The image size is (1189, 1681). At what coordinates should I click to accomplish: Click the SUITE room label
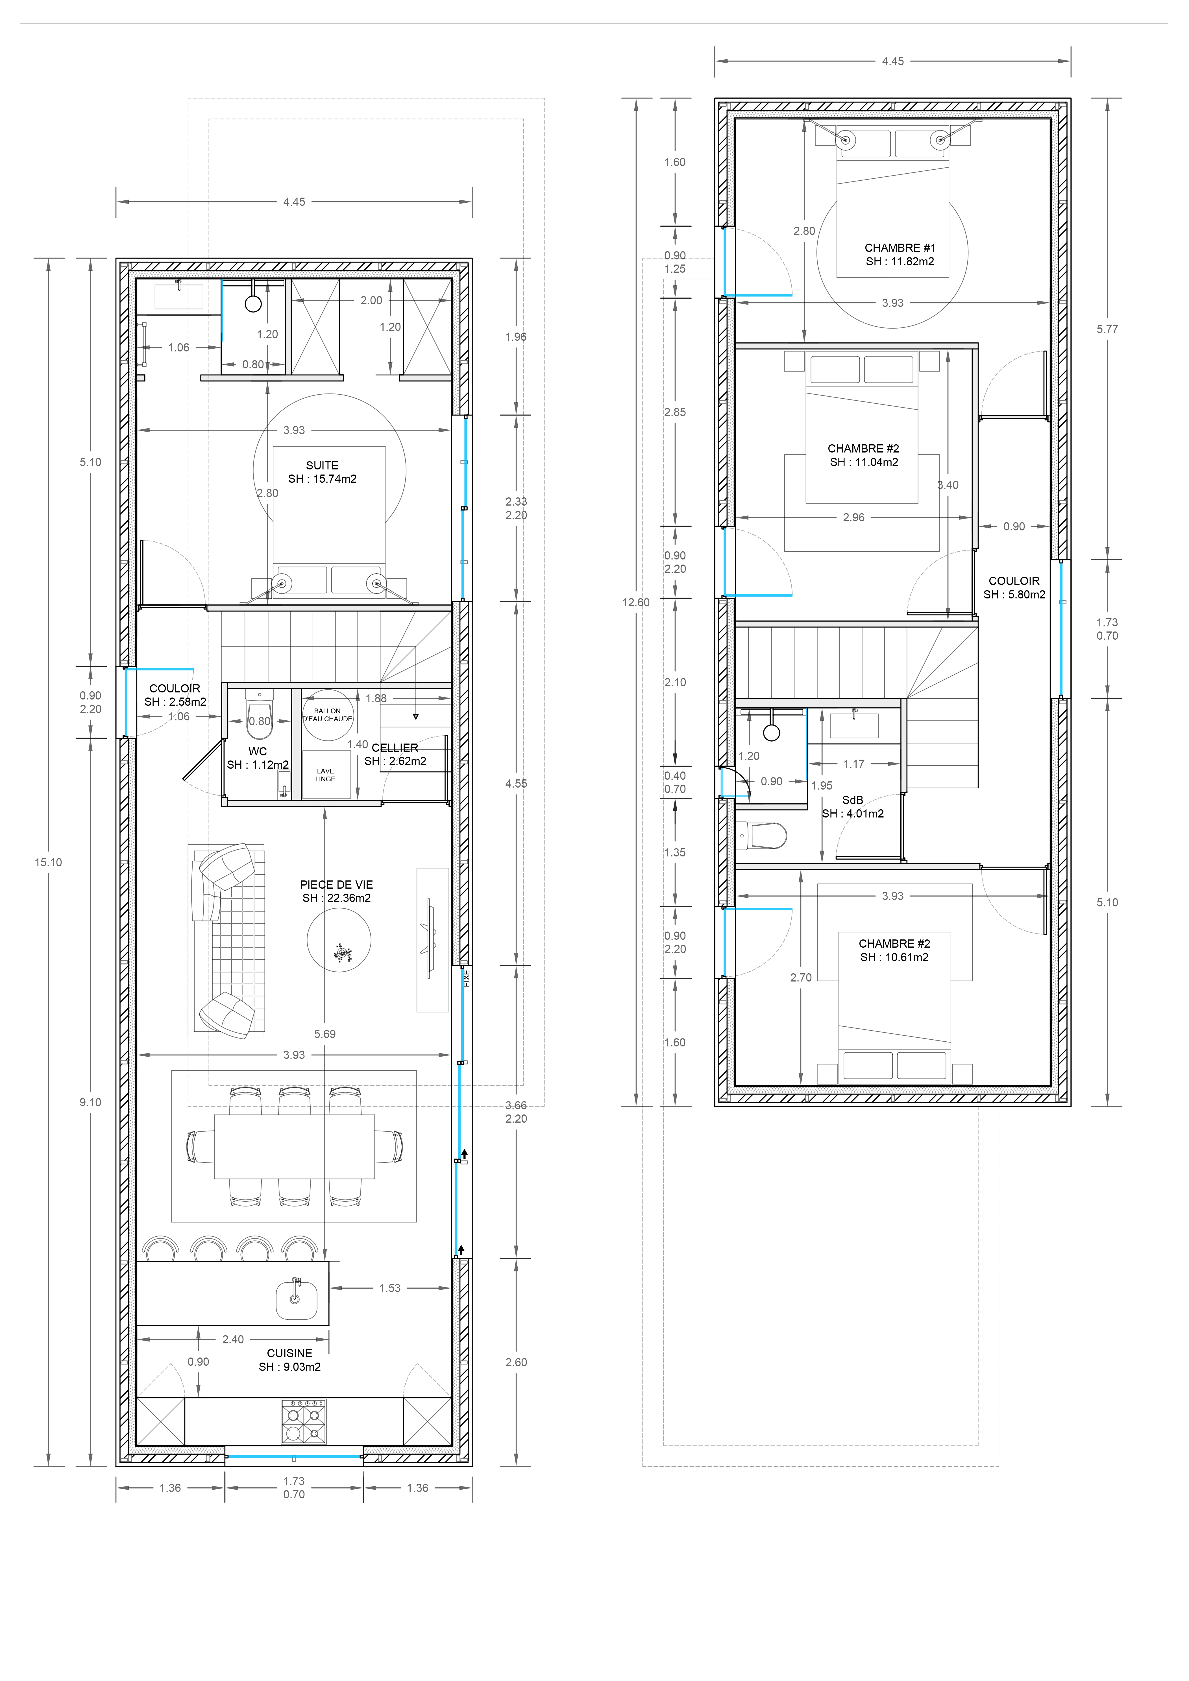[x=322, y=465]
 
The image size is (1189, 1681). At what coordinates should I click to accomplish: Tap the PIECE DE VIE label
[x=336, y=884]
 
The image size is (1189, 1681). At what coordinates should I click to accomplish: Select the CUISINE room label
[x=289, y=1353]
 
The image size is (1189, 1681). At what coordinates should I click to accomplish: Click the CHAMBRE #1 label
[x=900, y=248]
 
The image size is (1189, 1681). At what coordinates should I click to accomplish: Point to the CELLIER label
[x=395, y=747]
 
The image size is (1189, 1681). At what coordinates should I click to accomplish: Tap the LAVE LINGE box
[x=326, y=775]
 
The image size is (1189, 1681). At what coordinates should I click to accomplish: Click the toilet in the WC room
[x=259, y=714]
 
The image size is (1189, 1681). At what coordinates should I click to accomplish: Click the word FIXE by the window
[x=467, y=978]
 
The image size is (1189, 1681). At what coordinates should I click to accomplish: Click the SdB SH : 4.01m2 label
[x=853, y=807]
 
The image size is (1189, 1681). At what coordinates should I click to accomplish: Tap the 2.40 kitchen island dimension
[x=233, y=1339]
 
